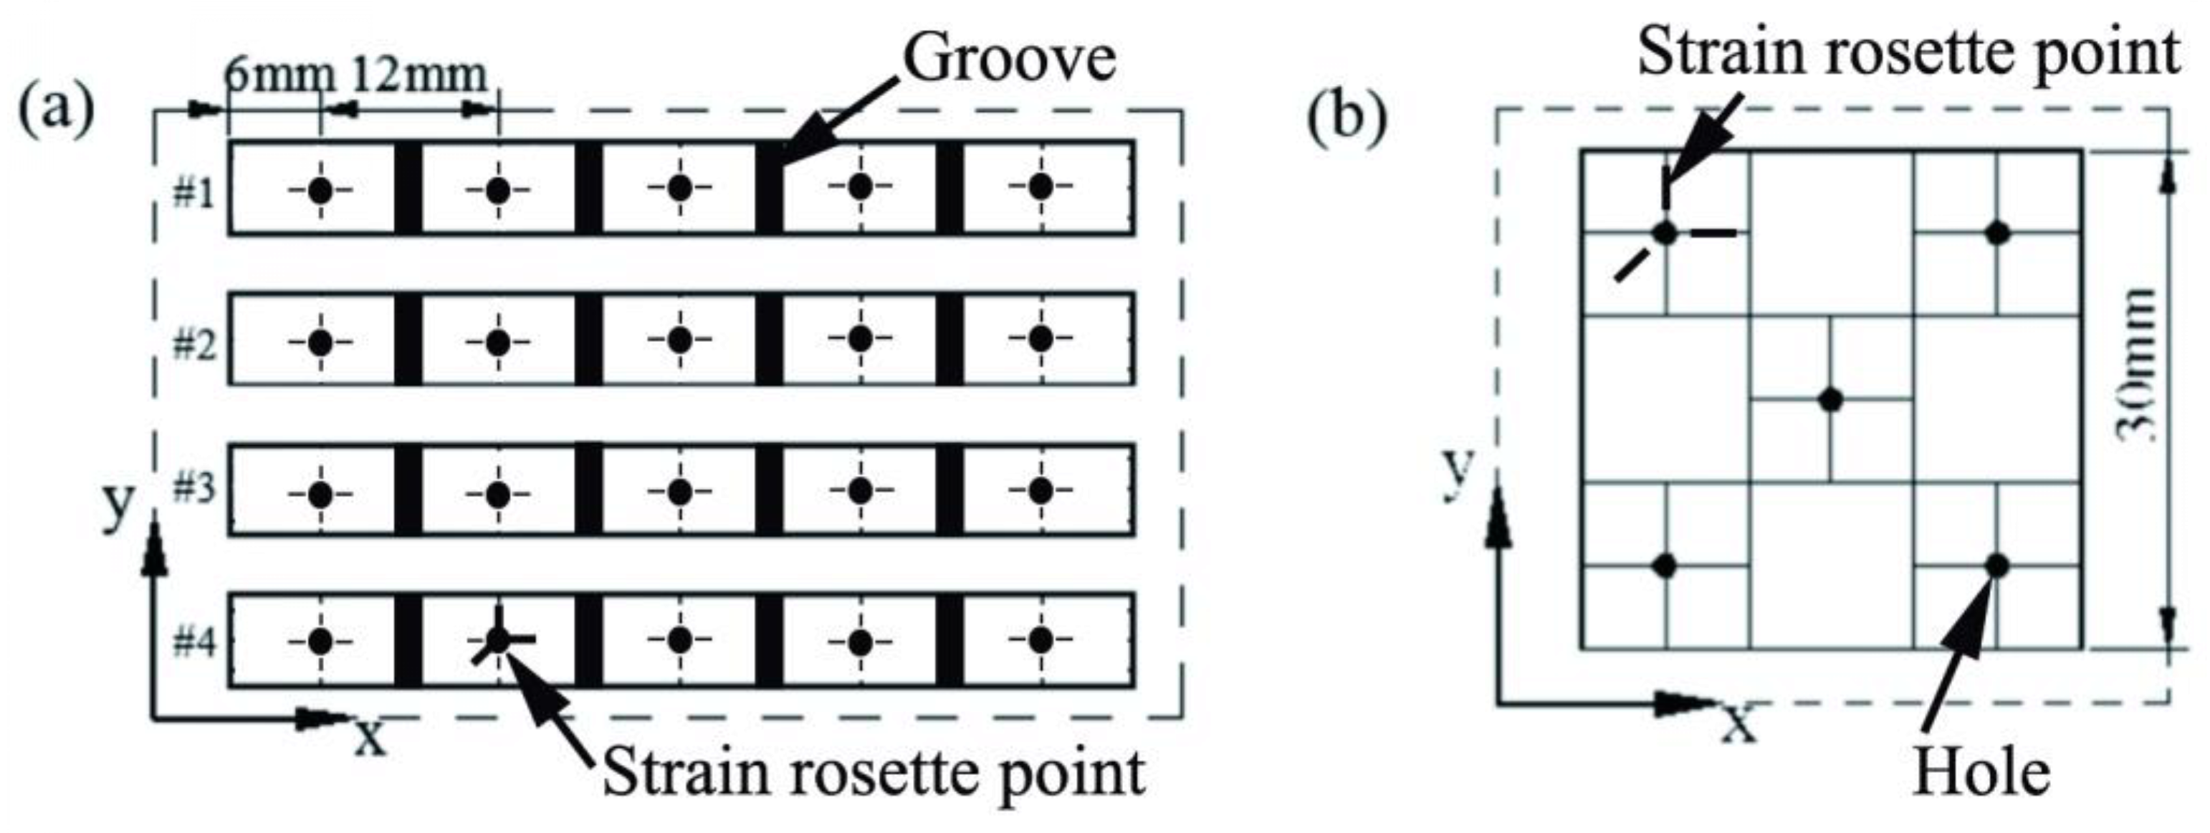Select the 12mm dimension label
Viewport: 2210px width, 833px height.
pyautogui.click(x=418, y=75)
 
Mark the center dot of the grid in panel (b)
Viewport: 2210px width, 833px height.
pyautogui.click(x=1831, y=400)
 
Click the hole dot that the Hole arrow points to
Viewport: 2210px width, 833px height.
pyautogui.click(x=1997, y=566)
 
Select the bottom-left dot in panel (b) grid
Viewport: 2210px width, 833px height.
pyautogui.click(x=1665, y=566)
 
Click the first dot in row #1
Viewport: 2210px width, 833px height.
pyautogui.click(x=320, y=191)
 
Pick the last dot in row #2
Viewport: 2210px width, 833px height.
pyautogui.click(x=1041, y=339)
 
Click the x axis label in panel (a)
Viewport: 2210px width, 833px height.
pyautogui.click(x=370, y=736)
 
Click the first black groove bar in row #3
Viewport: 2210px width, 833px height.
pyautogui.click(x=408, y=490)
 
